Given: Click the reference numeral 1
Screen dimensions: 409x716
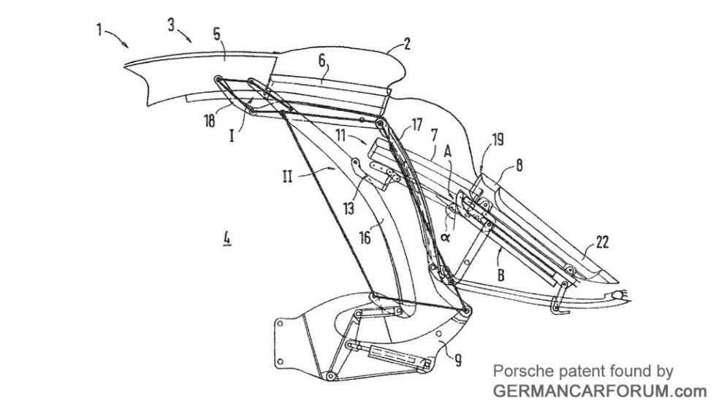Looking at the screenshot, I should [98, 30].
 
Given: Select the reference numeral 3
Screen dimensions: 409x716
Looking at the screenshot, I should [170, 25].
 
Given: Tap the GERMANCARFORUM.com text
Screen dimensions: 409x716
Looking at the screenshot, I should [595, 390].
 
